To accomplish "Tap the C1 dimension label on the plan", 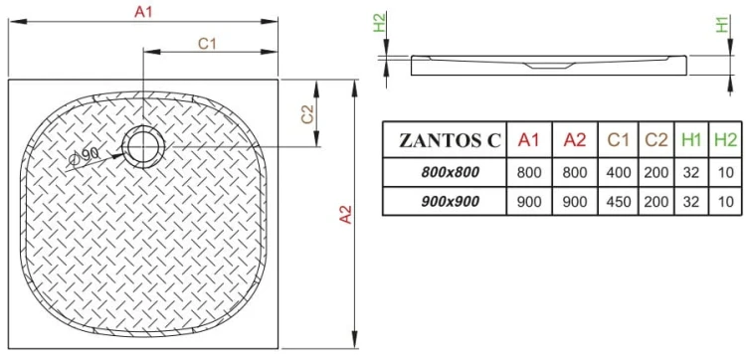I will click(208, 43).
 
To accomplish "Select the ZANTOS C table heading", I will click(444, 141).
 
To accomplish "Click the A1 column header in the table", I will click(529, 141).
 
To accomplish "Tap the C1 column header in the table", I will click(620, 141).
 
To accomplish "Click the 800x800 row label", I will click(450, 172).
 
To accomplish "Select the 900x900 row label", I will click(450, 202).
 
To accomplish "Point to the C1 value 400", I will click(620, 172).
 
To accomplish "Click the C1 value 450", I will click(620, 202).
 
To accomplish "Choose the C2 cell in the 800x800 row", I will click(655, 172).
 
